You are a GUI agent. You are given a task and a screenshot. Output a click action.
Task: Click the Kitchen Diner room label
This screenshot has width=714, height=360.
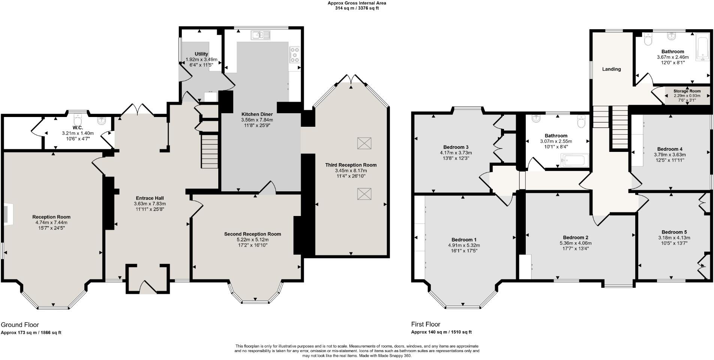(x=257, y=114)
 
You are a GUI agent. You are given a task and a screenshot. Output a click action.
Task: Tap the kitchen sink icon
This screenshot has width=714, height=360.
(x=261, y=35)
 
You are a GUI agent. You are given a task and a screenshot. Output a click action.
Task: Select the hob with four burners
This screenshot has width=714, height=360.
(x=294, y=55)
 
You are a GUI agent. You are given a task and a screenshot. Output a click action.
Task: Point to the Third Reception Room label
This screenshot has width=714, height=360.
(x=351, y=165)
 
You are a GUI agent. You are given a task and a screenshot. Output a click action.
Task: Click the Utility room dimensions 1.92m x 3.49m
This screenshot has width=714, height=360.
(x=201, y=59)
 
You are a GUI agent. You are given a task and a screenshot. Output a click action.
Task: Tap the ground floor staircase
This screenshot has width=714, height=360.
(x=210, y=151)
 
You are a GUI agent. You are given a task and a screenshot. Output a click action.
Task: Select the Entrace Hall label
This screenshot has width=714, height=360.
(x=150, y=198)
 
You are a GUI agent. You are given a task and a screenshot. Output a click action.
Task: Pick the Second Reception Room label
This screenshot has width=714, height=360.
(x=252, y=234)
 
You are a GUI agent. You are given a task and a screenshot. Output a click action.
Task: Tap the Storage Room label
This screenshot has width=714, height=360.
(x=687, y=91)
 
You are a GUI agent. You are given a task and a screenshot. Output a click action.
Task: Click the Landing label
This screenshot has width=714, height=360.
(x=611, y=69)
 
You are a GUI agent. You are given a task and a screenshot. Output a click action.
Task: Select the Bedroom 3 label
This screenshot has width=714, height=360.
(x=456, y=147)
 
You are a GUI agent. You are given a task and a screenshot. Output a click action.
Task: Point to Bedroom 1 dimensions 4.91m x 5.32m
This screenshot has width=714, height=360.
(x=464, y=246)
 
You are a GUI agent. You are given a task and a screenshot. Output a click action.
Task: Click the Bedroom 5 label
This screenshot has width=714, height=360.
(x=674, y=232)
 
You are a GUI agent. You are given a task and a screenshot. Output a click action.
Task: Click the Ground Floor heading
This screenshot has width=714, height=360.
(x=20, y=325)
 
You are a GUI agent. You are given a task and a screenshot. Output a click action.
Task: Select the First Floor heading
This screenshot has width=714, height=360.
(x=426, y=324)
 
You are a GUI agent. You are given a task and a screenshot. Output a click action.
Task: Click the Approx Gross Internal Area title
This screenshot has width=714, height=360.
(x=357, y=3)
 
